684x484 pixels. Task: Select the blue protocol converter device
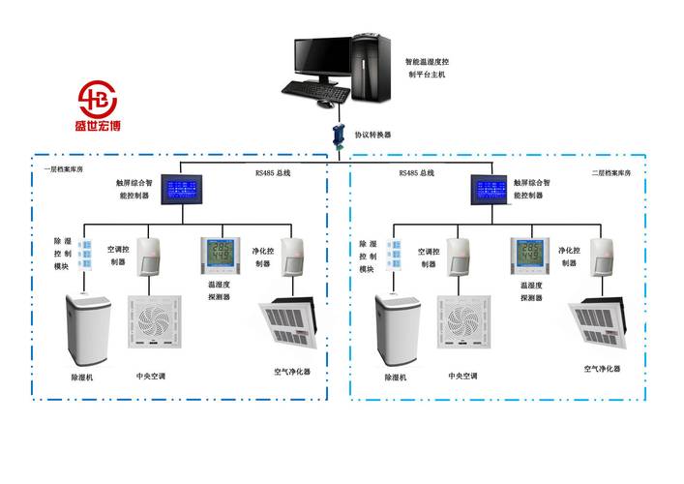pyautogui.click(x=340, y=135)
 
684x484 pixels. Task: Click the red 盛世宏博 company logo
pyautogui.click(x=97, y=106)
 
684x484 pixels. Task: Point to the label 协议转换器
pyautogui.click(x=372, y=136)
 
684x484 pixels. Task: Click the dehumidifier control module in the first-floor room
pyautogui.click(x=85, y=254)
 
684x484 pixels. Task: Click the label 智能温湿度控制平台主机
pyautogui.click(x=427, y=67)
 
